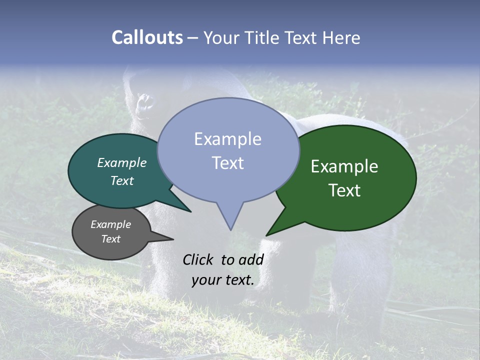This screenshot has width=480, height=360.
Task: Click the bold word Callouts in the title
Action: pos(147,37)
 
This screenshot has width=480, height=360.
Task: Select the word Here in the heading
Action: pos(342,37)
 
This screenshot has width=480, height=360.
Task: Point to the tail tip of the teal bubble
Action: pos(190,211)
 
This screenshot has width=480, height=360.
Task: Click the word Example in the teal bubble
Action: pos(122,162)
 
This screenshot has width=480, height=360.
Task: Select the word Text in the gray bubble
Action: pos(111,238)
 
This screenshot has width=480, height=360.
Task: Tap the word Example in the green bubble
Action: pos(344,166)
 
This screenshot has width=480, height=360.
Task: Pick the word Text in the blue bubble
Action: pos(228,163)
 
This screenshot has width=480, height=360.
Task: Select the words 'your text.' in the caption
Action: pos(223,280)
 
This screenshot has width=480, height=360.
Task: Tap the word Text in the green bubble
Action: pos(345,190)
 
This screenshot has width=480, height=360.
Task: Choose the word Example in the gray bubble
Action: pos(111,224)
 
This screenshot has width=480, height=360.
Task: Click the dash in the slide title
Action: pos(193,38)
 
